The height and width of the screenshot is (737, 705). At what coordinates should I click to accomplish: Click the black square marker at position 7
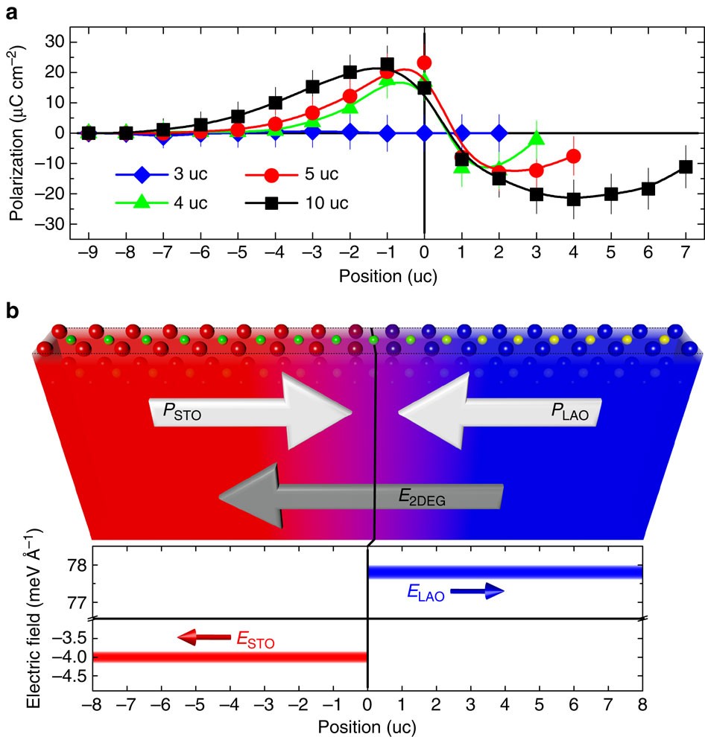(x=686, y=167)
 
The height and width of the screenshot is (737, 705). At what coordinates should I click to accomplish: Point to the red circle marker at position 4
(x=573, y=156)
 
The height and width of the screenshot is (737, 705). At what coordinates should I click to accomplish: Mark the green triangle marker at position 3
(x=536, y=138)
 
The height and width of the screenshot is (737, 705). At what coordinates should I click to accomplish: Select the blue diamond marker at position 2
(x=499, y=133)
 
